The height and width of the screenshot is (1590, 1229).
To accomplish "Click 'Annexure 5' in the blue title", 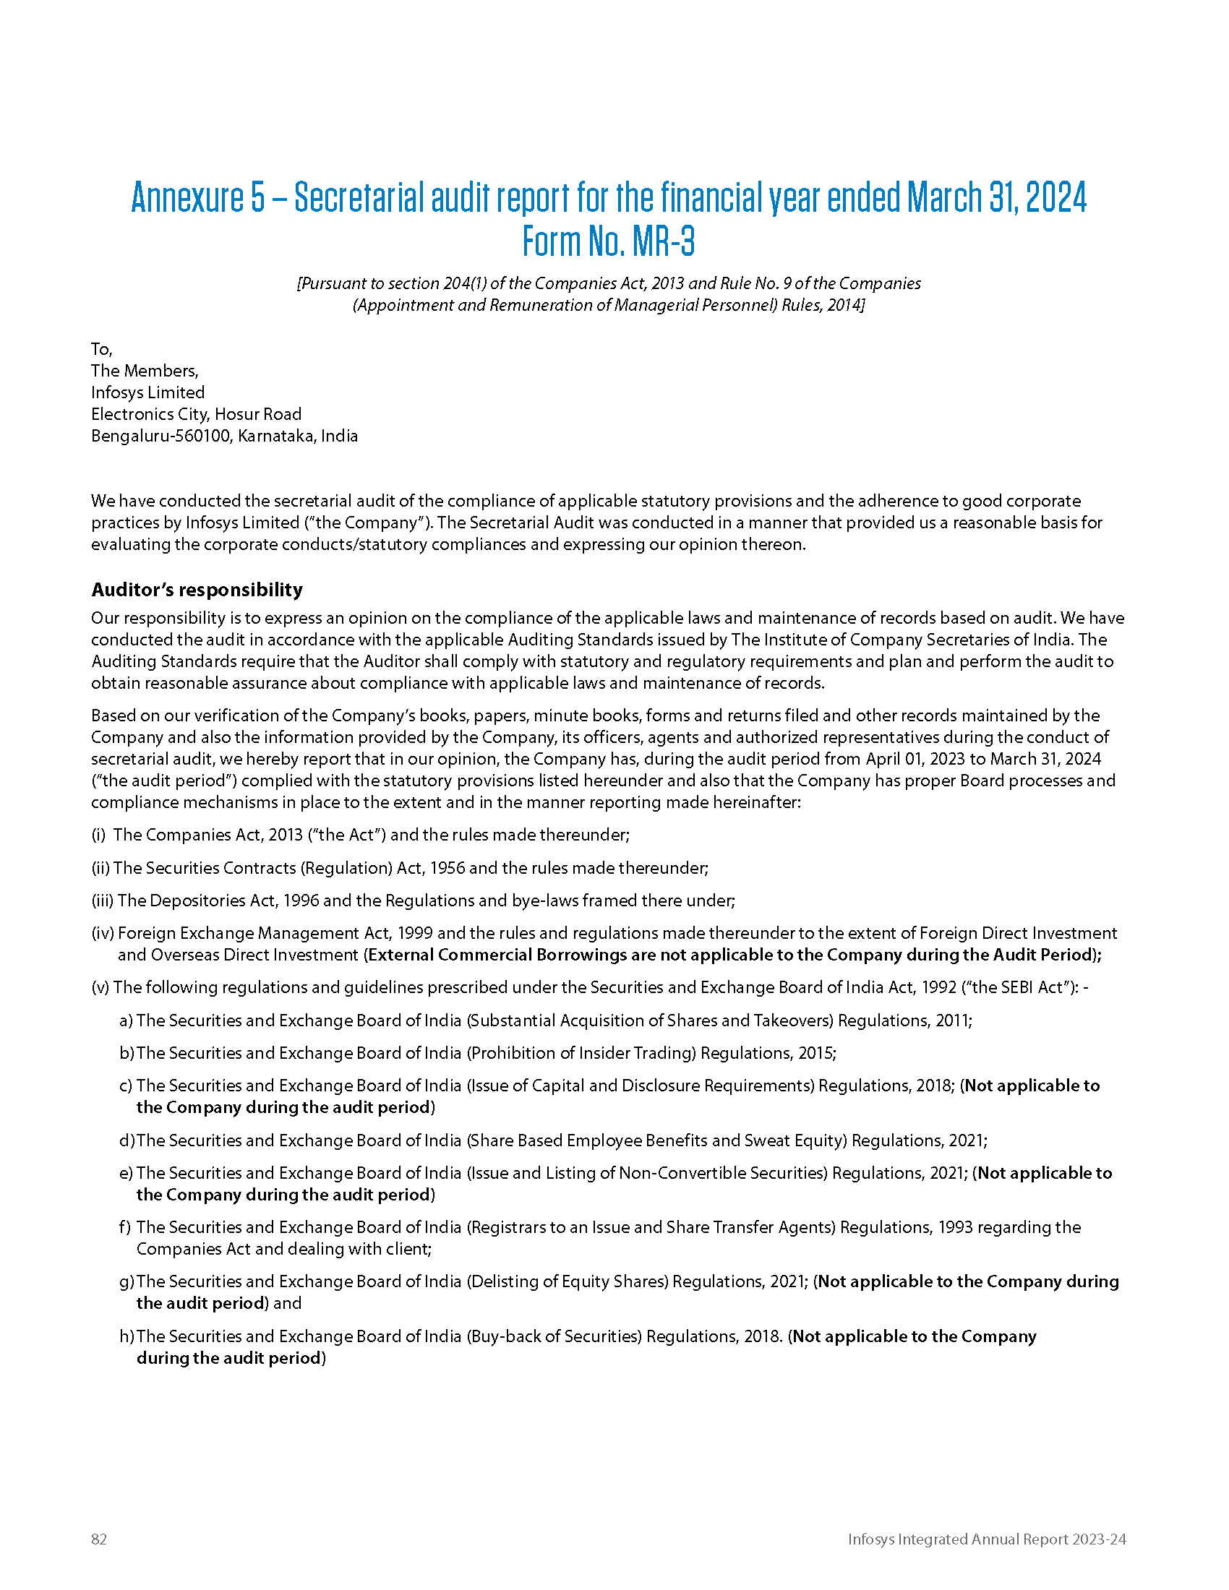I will pyautogui.click(x=198, y=197).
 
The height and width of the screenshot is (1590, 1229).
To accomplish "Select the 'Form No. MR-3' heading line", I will pyautogui.click(x=609, y=241).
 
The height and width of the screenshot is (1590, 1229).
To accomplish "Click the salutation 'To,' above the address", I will pyautogui.click(x=101, y=349).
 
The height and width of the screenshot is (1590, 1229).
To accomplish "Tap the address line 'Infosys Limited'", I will pyautogui.click(x=147, y=392).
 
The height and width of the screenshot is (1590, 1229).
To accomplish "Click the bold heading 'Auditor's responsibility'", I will pyautogui.click(x=197, y=590).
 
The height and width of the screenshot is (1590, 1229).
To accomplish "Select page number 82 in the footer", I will pyautogui.click(x=99, y=1539).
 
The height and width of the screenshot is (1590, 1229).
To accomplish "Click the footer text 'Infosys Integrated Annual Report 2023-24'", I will pyautogui.click(x=987, y=1539).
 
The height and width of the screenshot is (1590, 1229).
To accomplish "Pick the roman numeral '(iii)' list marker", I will pyautogui.click(x=103, y=901).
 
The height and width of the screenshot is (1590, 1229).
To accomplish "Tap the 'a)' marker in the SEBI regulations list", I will pyautogui.click(x=126, y=1020).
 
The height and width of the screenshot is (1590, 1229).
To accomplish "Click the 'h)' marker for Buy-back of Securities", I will pyautogui.click(x=127, y=1336).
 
